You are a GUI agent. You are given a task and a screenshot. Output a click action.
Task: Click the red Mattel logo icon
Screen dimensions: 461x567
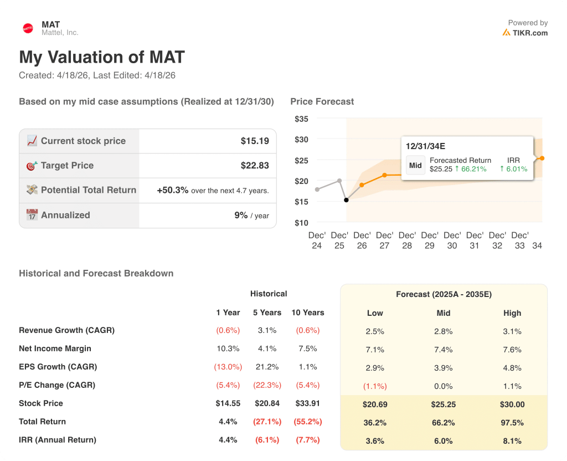pos(28,28)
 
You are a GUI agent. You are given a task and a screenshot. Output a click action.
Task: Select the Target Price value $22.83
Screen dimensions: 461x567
pos(255,166)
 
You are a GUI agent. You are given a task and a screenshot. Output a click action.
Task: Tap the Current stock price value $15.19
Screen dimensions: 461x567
pos(255,141)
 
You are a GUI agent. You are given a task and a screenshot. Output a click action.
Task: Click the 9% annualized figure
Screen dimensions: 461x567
pos(241,215)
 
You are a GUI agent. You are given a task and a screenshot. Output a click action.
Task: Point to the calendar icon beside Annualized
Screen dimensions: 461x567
pos(32,215)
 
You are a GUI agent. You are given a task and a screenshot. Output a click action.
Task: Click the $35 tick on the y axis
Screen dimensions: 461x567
pos(301,119)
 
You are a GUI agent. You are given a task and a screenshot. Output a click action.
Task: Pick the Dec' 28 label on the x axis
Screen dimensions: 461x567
pos(407,240)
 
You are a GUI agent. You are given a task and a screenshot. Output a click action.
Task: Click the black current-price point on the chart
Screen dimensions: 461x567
pos(346,200)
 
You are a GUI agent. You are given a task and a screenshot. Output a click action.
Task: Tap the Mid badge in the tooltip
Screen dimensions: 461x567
pos(415,165)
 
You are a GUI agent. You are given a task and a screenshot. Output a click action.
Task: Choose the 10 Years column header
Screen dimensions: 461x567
pos(308,313)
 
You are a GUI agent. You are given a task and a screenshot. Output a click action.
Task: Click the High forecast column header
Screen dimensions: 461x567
pos(512,313)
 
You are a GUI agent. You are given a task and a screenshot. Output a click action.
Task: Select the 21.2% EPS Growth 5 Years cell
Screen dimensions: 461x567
pos(267,367)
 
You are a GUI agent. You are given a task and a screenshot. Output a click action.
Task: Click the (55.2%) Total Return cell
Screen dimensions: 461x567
pos(308,422)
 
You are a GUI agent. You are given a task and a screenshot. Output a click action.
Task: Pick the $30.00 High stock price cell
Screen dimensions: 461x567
pos(512,404)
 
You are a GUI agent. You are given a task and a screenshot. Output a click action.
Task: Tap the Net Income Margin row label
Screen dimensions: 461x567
pos(55,349)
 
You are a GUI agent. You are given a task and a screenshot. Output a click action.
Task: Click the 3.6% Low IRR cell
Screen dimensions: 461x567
pos(375,441)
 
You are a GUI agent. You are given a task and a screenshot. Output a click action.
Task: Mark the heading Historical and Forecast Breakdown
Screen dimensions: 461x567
pos(96,273)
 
